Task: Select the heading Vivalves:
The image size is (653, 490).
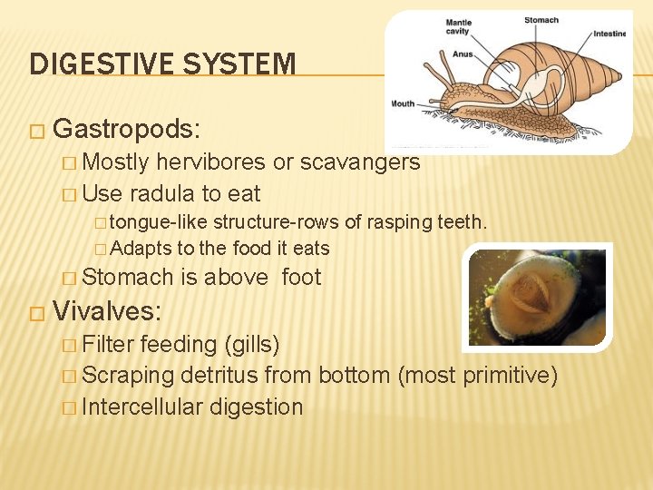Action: [107, 311]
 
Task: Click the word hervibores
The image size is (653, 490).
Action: [211, 162]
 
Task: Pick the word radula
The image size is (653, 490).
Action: [163, 193]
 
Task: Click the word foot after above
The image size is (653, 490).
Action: [301, 277]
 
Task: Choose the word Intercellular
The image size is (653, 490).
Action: [142, 407]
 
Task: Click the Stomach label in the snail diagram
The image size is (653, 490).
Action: [541, 19]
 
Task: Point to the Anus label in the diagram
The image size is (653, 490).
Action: [463, 54]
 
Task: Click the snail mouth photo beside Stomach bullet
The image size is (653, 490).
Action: [537, 297]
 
